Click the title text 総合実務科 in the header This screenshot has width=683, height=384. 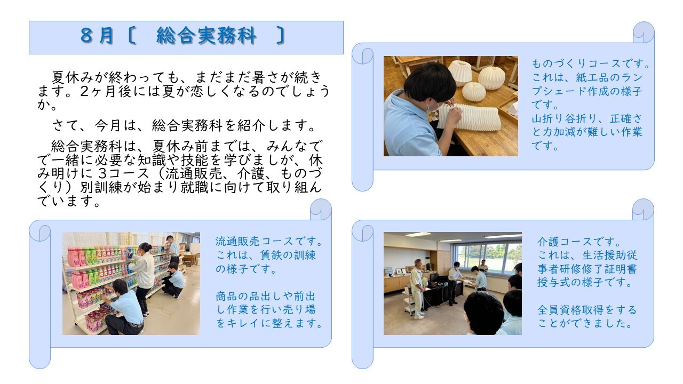206,36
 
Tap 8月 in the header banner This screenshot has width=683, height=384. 97,36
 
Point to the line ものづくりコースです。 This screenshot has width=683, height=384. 591,63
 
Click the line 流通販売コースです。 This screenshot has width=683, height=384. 269,242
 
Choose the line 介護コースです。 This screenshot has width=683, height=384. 579,242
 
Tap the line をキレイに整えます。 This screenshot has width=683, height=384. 269,323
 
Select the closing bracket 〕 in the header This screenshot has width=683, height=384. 281,36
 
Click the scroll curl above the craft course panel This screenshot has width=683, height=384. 644,33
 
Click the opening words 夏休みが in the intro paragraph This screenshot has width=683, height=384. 80,77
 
